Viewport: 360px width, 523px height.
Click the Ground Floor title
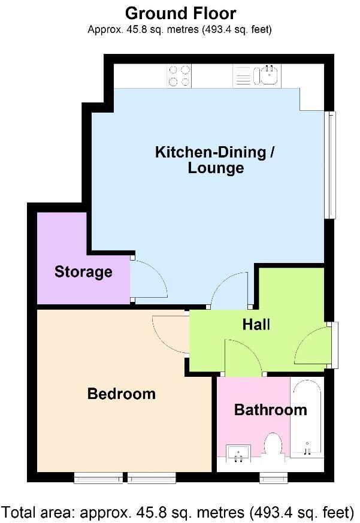[x=180, y=13]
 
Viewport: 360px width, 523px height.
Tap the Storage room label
[x=83, y=272]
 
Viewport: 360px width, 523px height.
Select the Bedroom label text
[x=121, y=394]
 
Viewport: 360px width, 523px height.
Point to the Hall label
[x=256, y=325]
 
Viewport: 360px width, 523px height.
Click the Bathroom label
[x=270, y=410]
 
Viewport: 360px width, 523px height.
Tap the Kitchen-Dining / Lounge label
[x=215, y=159]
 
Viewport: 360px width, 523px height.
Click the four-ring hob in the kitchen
[x=179, y=75]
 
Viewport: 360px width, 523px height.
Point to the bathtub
[x=307, y=419]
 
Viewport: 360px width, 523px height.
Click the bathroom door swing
[x=242, y=358]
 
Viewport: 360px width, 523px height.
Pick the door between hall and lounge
[x=229, y=289]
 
